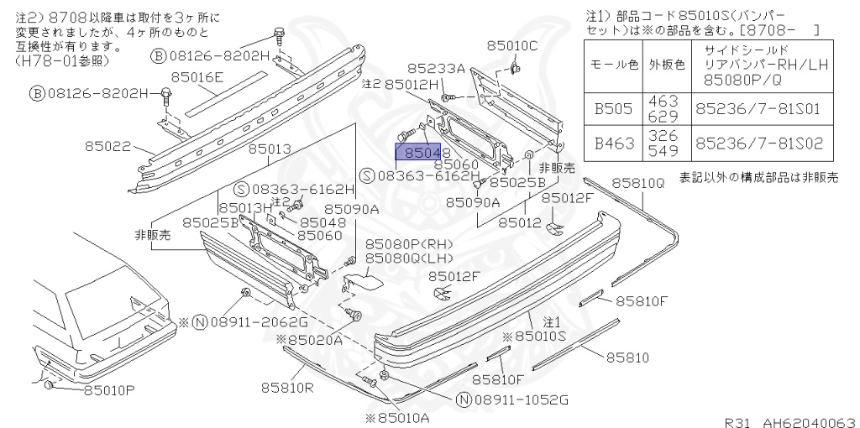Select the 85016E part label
click(197, 77)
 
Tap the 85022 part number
click(107, 146)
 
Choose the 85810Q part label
click(637, 181)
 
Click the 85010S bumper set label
click(541, 336)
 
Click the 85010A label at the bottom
click(397, 417)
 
